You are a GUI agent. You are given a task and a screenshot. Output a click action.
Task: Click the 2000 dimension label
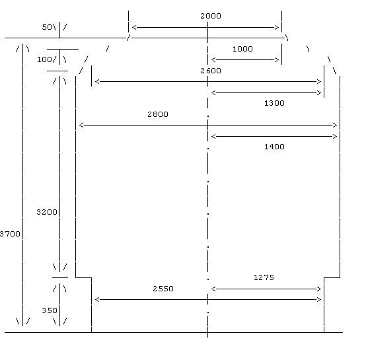pos(211,16)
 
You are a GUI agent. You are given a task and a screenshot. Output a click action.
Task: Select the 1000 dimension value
pos(242,49)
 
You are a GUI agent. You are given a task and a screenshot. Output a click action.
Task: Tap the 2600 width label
pos(211,71)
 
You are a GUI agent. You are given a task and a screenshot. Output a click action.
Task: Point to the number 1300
pos(274,103)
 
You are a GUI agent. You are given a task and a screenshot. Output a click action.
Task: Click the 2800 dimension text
pos(158,114)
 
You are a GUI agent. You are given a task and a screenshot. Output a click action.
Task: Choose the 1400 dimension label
pos(274,147)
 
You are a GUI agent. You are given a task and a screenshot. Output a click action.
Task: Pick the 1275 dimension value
pos(264,277)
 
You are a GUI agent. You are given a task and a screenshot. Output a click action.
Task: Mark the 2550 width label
pos(163,289)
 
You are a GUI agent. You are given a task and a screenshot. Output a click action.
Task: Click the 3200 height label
pos(47,212)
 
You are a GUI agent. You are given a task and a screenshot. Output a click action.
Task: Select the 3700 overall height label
pos(10,234)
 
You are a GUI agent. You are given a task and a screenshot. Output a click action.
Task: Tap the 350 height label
pos(50,310)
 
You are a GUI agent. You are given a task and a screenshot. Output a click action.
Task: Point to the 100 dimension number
pos(44,59)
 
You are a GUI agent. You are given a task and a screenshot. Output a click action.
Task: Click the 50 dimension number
pos(47,27)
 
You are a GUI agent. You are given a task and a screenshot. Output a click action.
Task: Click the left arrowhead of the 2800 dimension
pos(81,126)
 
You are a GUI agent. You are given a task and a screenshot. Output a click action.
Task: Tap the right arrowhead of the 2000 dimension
pos(277,28)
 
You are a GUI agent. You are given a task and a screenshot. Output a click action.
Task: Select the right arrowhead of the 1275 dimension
pos(319,289)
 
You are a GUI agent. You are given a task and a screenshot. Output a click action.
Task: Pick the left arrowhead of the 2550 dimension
pos(97,300)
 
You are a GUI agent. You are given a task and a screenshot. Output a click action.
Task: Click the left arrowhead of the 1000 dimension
pos(213,60)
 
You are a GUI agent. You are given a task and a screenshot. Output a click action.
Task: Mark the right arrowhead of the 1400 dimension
pos(335,137)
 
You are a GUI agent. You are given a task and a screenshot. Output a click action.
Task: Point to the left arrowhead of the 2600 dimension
pos(97,82)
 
